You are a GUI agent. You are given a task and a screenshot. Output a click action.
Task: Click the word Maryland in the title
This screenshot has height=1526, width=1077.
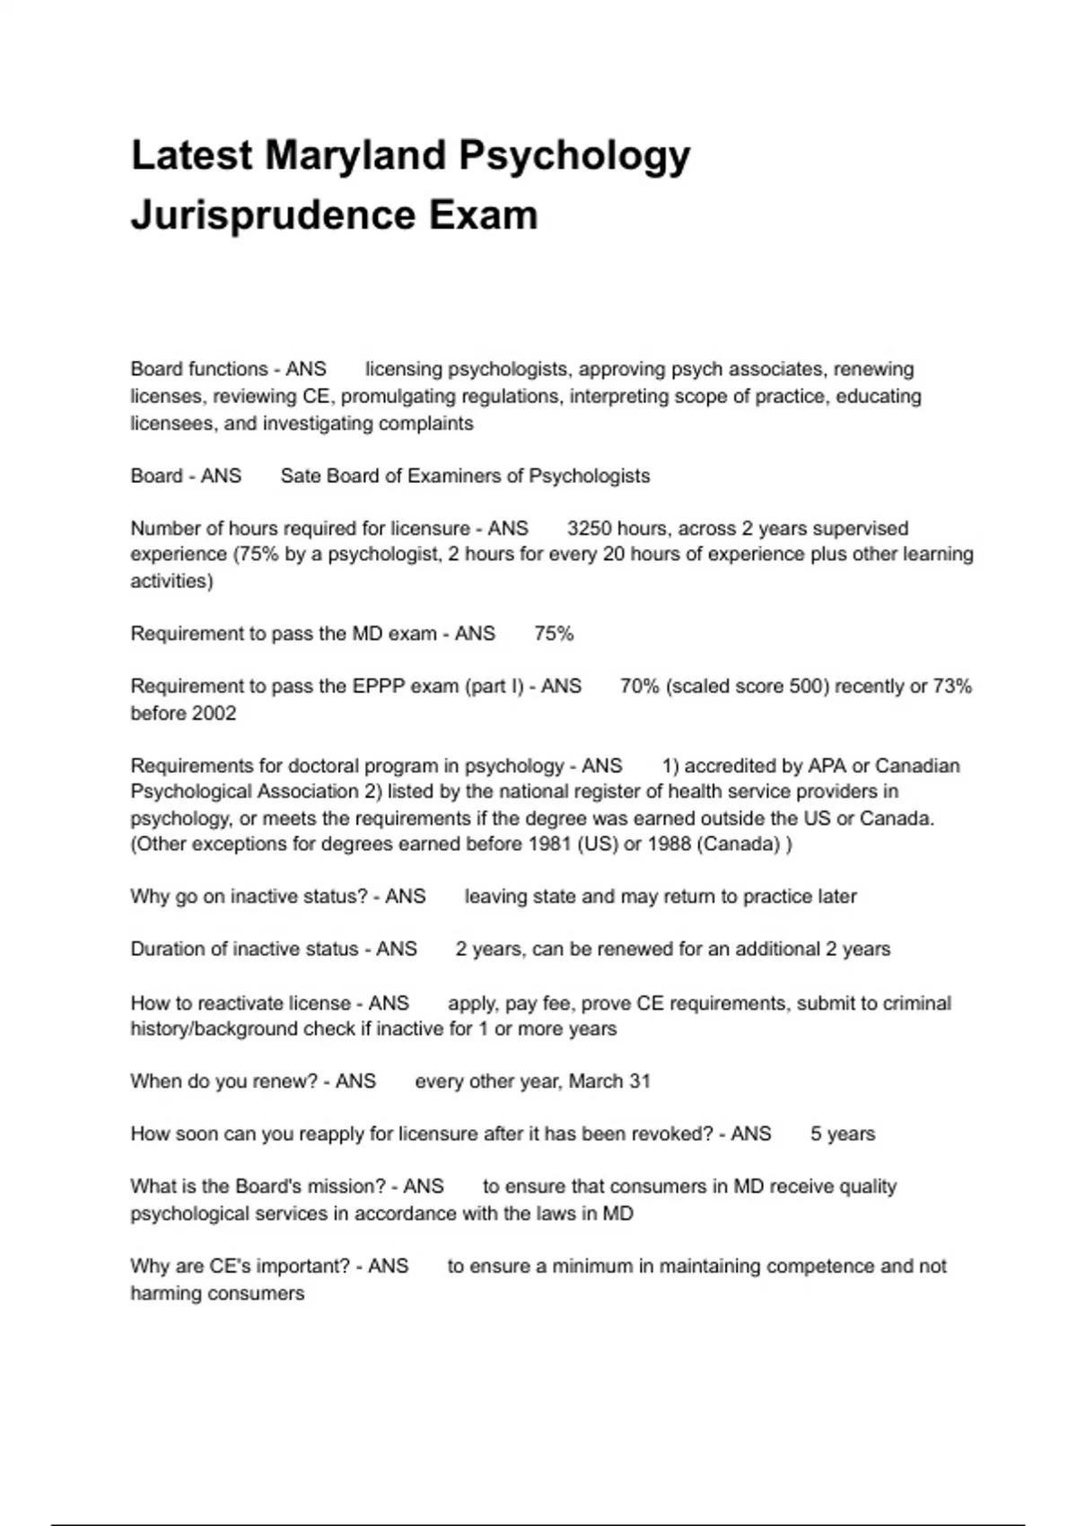tap(355, 155)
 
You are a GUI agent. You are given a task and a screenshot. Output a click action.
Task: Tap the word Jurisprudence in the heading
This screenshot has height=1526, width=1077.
tap(272, 215)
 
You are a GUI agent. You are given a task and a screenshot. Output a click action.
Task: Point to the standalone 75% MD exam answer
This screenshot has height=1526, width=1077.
tap(553, 634)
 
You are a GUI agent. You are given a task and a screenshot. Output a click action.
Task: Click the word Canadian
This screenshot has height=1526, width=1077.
tap(916, 767)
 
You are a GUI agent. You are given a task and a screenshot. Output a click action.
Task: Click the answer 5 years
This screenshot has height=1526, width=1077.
tap(842, 1135)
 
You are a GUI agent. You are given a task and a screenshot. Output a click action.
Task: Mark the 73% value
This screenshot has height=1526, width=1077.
tap(952, 687)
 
